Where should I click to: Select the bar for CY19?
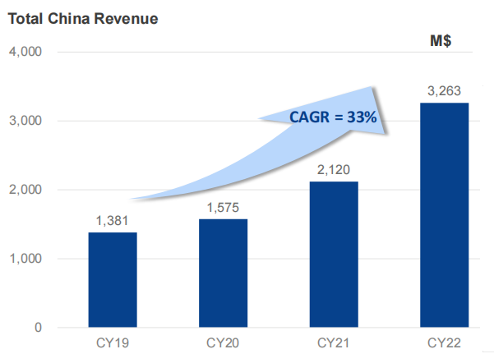[113, 279]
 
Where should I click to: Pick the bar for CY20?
[223, 273]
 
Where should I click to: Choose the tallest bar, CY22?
[444, 214]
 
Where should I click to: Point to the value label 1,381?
[113, 221]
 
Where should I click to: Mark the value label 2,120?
[334, 170]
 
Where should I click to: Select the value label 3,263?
[444, 91]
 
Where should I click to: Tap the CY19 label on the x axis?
[113, 342]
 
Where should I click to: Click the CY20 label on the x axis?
[223, 342]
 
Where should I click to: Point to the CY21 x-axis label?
[334, 342]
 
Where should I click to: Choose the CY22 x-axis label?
[444, 342]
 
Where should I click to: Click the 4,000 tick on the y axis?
[25, 52]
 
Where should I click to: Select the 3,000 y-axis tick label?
[25, 121]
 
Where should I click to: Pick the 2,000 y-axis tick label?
[25, 190]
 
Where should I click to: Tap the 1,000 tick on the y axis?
[25, 259]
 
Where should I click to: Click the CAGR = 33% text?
[333, 117]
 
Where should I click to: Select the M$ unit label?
[443, 41]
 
